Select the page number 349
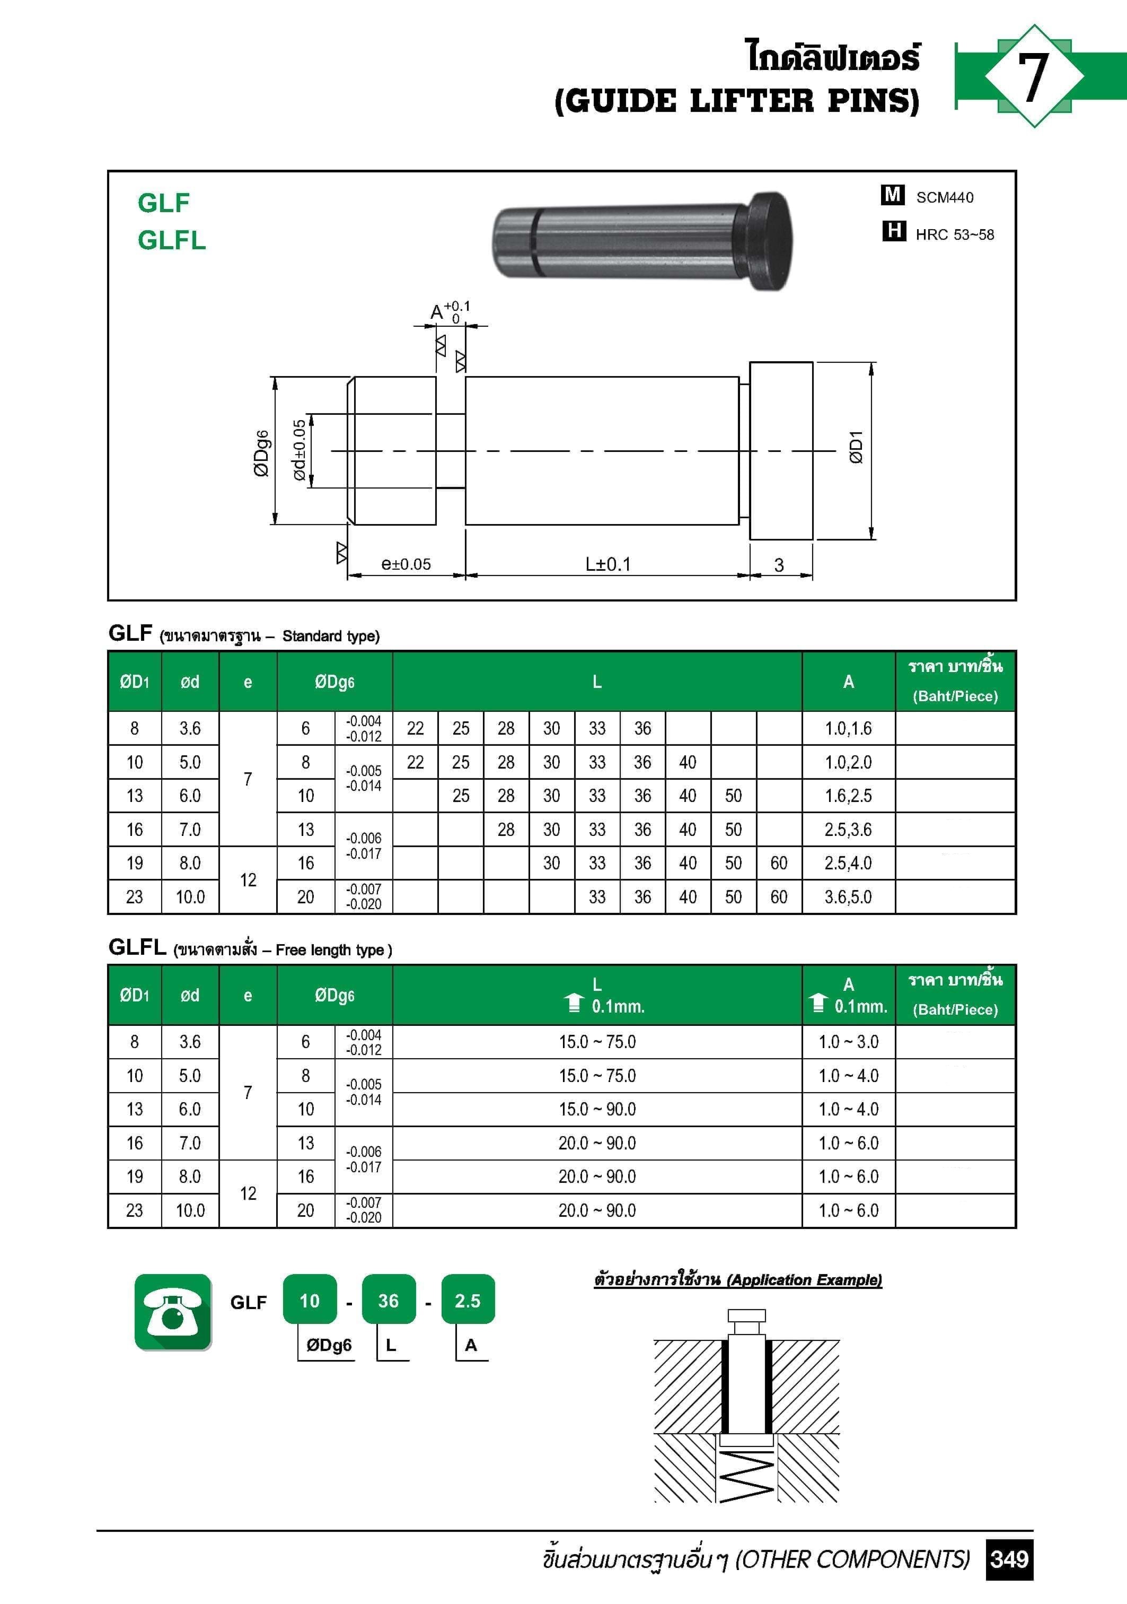pos(1009,1558)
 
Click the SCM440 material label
pos(944,198)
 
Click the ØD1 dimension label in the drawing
pos(856,447)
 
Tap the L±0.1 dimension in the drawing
pos(607,564)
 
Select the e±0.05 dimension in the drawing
pos(406,564)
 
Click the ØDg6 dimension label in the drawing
pos(261,454)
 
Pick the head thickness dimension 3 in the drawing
pos(779,564)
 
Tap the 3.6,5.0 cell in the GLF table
pos(848,897)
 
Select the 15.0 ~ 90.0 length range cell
pos(597,1110)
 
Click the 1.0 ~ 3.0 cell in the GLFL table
pos(848,1042)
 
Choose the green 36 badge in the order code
pos(388,1300)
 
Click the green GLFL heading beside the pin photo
pos(172,240)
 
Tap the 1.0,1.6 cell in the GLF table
pos(848,729)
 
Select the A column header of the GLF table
pos(848,682)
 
